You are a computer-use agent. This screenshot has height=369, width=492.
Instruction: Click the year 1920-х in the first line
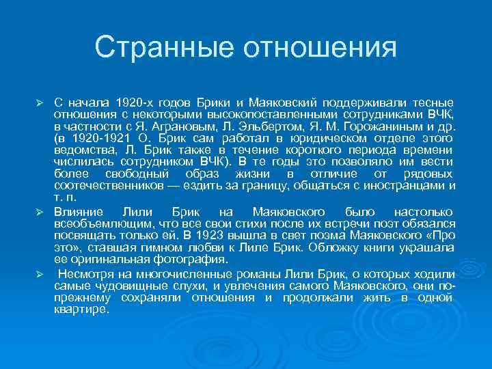(x=138, y=101)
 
